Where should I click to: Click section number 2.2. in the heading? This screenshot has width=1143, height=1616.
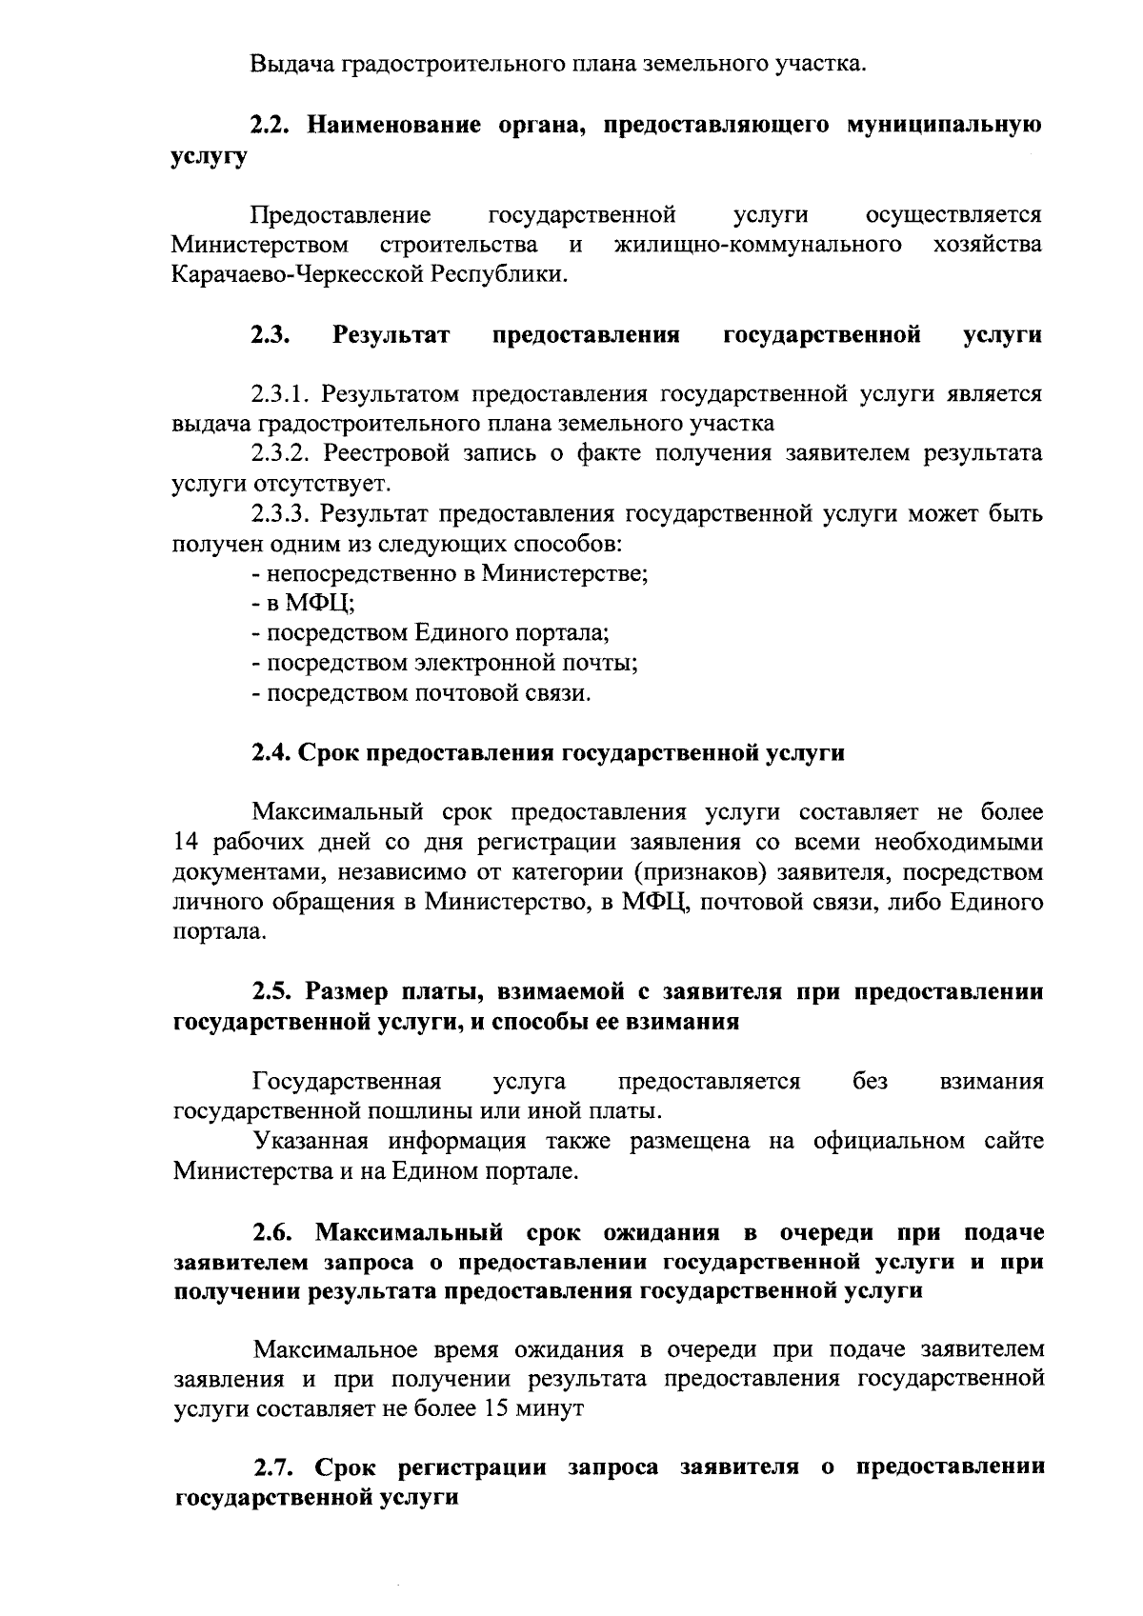tap(272, 126)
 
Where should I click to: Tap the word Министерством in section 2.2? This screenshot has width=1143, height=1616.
tap(259, 245)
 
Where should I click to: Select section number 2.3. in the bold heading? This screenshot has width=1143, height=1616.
tap(271, 335)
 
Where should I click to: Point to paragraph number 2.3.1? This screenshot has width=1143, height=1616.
tap(282, 394)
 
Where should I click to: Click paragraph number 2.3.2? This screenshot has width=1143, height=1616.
tap(283, 454)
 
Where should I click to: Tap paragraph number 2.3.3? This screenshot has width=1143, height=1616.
tap(283, 515)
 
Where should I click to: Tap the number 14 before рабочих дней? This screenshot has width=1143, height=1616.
tap(186, 843)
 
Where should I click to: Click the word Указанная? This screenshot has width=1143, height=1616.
tap(309, 1142)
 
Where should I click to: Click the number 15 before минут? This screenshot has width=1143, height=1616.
tap(496, 1408)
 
